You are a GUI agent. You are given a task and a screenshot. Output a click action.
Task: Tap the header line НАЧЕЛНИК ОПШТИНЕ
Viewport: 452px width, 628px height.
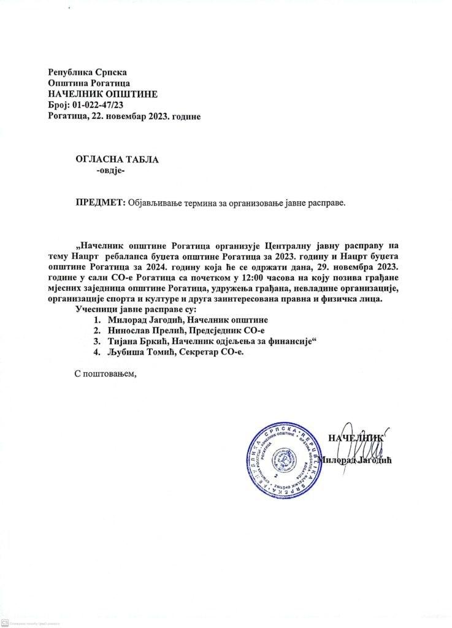[x=102, y=94]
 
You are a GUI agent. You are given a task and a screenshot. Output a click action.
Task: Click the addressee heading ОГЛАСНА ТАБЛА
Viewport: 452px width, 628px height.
[x=117, y=159]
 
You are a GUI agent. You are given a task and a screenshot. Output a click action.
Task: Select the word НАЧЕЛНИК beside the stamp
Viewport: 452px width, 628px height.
[x=356, y=438]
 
